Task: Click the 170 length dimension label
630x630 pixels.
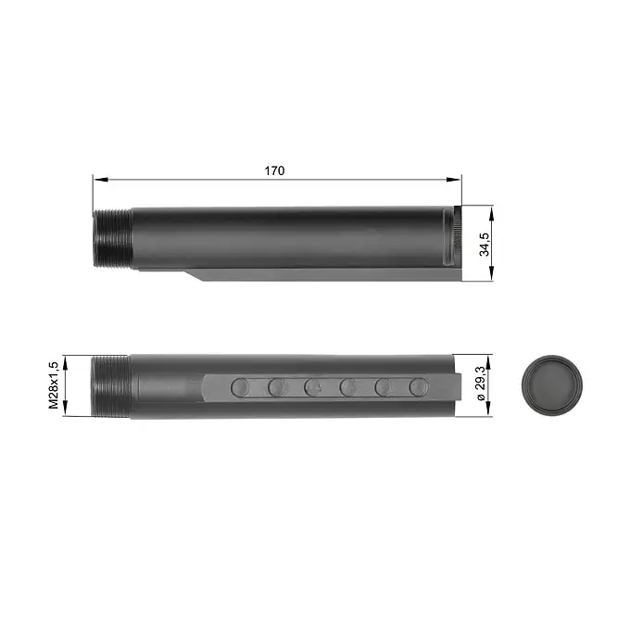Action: (274, 170)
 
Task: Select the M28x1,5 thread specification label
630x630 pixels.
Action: (54, 385)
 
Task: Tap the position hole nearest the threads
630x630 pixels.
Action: (239, 386)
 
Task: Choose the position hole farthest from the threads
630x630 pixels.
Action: (419, 386)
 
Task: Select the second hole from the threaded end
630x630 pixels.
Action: (276, 386)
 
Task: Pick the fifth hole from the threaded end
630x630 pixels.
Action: (384, 386)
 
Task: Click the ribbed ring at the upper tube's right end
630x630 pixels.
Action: (455, 238)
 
